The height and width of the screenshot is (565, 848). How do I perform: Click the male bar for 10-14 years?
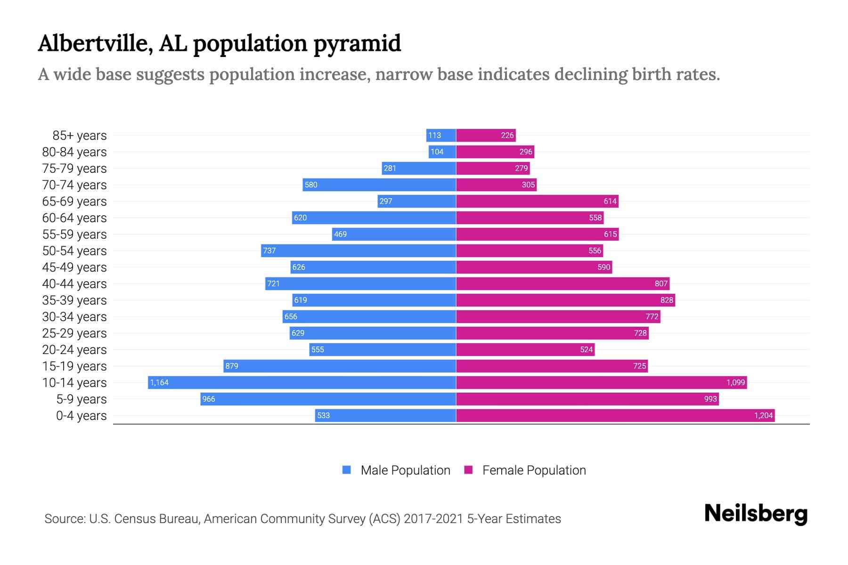302,382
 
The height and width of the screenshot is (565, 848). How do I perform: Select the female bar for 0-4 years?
615,415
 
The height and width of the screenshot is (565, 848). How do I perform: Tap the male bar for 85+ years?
441,135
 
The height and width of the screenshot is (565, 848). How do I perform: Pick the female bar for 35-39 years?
565,300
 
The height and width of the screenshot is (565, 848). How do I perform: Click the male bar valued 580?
379,185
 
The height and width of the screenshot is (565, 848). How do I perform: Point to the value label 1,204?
763,415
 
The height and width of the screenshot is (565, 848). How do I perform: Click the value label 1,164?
159,382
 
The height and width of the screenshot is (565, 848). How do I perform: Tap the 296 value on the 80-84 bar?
526,152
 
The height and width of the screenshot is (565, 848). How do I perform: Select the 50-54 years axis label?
74,250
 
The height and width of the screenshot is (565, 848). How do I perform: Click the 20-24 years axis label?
74,349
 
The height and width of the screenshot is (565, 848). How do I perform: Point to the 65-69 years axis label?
74,201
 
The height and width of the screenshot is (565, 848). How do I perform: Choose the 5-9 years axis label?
82,399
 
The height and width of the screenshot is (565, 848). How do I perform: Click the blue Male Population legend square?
347,470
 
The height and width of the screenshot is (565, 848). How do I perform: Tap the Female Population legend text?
534,470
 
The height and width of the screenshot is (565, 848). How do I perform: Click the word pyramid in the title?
357,44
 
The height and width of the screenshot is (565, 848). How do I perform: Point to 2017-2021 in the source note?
433,518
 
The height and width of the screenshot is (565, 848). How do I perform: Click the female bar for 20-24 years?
525,349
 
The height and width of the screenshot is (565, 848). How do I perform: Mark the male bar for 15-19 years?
339,366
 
